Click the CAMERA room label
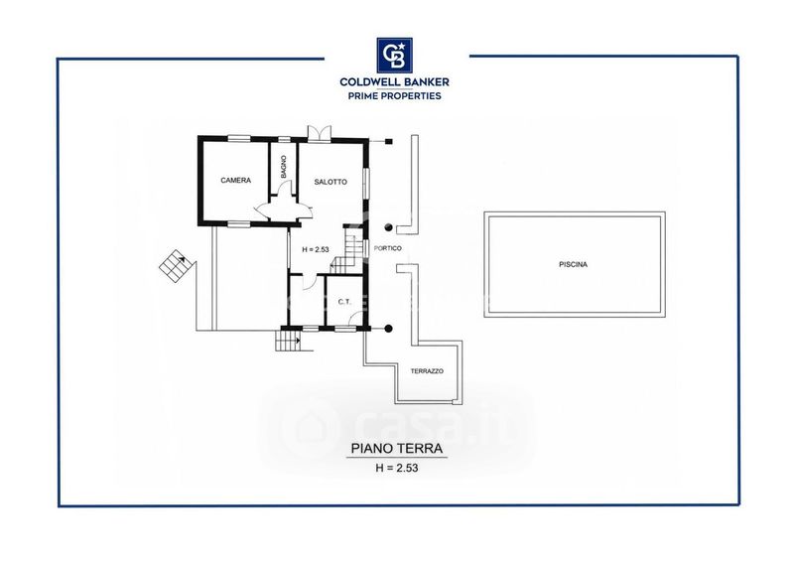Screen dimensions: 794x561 (236, 180)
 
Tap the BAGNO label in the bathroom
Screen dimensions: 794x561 (283, 166)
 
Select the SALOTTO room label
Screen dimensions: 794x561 (331, 182)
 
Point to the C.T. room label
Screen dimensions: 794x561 (344, 302)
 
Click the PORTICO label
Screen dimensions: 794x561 (388, 248)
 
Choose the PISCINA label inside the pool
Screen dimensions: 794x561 (574, 264)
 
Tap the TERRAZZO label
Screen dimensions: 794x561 (427, 371)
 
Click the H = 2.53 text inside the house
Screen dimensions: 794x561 (316, 249)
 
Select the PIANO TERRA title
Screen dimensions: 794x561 (397, 449)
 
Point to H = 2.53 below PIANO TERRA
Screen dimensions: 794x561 (397, 469)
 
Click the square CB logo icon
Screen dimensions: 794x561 (394, 56)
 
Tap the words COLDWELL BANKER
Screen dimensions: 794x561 (394, 81)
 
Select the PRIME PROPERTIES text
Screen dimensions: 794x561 (394, 95)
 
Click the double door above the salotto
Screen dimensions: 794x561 (319, 131)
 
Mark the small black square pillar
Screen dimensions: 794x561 (388, 141)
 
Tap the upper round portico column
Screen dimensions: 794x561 (388, 227)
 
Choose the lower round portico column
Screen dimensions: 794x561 (388, 329)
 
